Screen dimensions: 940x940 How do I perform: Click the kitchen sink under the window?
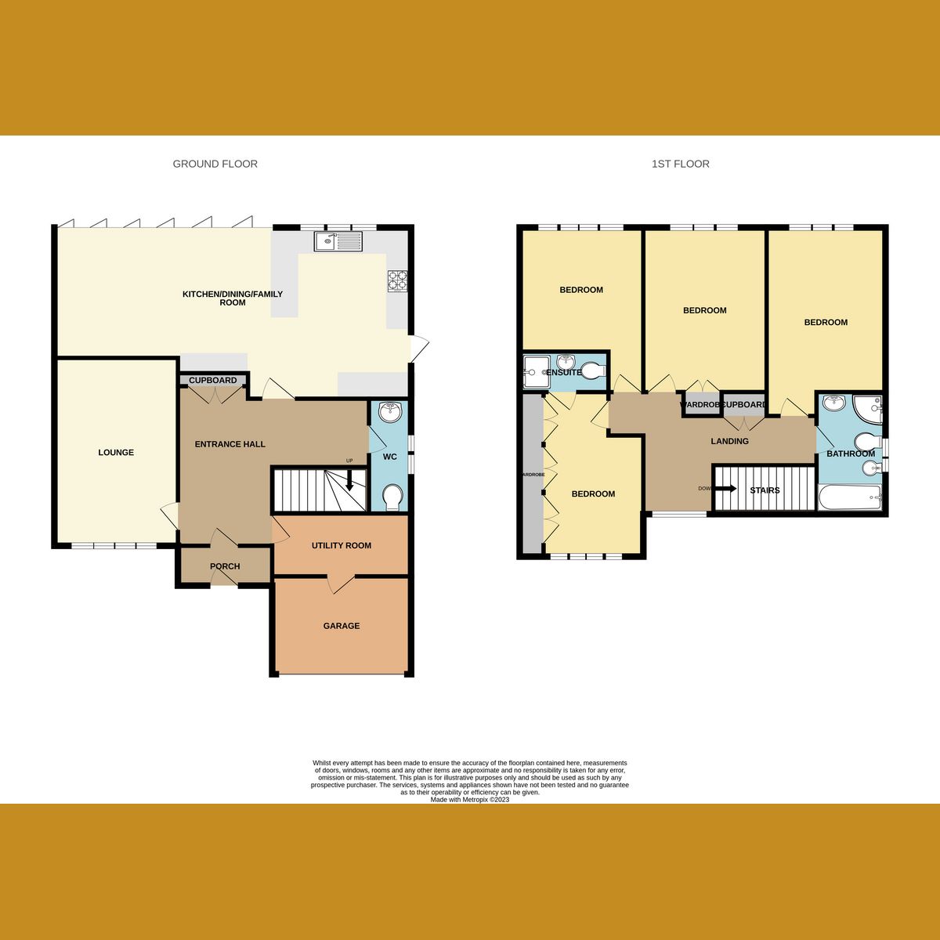coord(338,241)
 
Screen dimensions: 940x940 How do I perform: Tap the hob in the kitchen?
coord(398,280)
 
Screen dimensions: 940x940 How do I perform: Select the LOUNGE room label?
coord(116,453)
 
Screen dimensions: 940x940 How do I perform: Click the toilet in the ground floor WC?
coord(392,496)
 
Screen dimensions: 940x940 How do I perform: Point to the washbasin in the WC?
coord(389,411)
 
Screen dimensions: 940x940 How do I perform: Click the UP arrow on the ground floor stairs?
coord(349,479)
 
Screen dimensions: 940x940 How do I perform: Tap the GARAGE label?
coord(342,626)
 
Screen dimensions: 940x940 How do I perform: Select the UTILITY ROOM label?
coord(342,545)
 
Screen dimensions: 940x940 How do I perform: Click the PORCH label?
coord(225,566)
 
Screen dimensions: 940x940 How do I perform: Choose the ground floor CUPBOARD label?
coord(212,381)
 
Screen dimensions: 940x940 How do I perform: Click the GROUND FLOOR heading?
coord(215,164)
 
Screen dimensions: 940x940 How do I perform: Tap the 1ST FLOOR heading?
coord(680,164)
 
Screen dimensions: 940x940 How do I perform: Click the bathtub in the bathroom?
coord(850,497)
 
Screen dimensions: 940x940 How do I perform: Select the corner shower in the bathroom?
coord(868,407)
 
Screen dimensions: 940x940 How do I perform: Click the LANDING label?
coord(729,441)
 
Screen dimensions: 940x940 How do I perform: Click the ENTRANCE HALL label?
coord(230,444)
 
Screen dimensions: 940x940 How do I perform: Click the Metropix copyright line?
coord(470,800)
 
